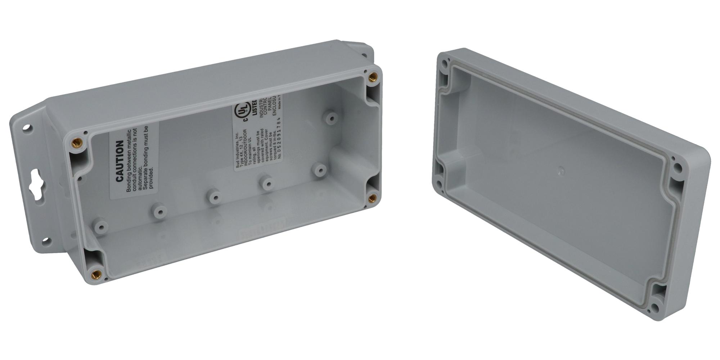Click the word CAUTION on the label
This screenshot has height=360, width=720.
pos(119,161)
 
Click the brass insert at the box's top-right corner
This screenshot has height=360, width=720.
pos(373,76)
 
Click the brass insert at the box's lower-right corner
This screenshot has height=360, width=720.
pos(373,197)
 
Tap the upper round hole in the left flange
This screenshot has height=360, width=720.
pos(28,127)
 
